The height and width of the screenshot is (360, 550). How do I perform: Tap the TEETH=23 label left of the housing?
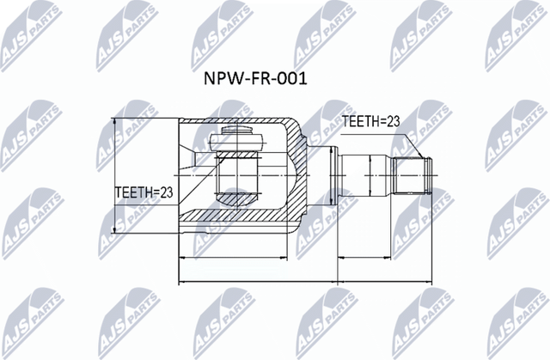(x=144, y=192)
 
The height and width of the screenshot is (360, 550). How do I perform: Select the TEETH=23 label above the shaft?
(x=371, y=123)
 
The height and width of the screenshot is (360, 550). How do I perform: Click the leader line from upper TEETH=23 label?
(x=412, y=142)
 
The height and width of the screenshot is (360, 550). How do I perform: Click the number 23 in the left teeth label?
(x=166, y=192)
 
